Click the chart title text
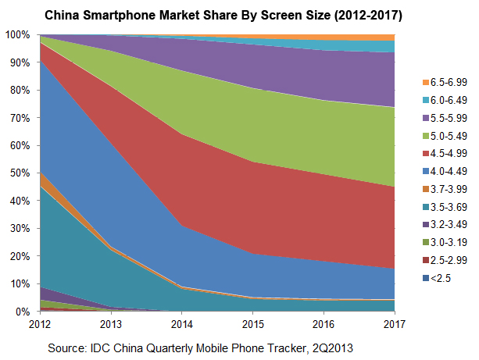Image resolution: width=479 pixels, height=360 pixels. tap(238, 14)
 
